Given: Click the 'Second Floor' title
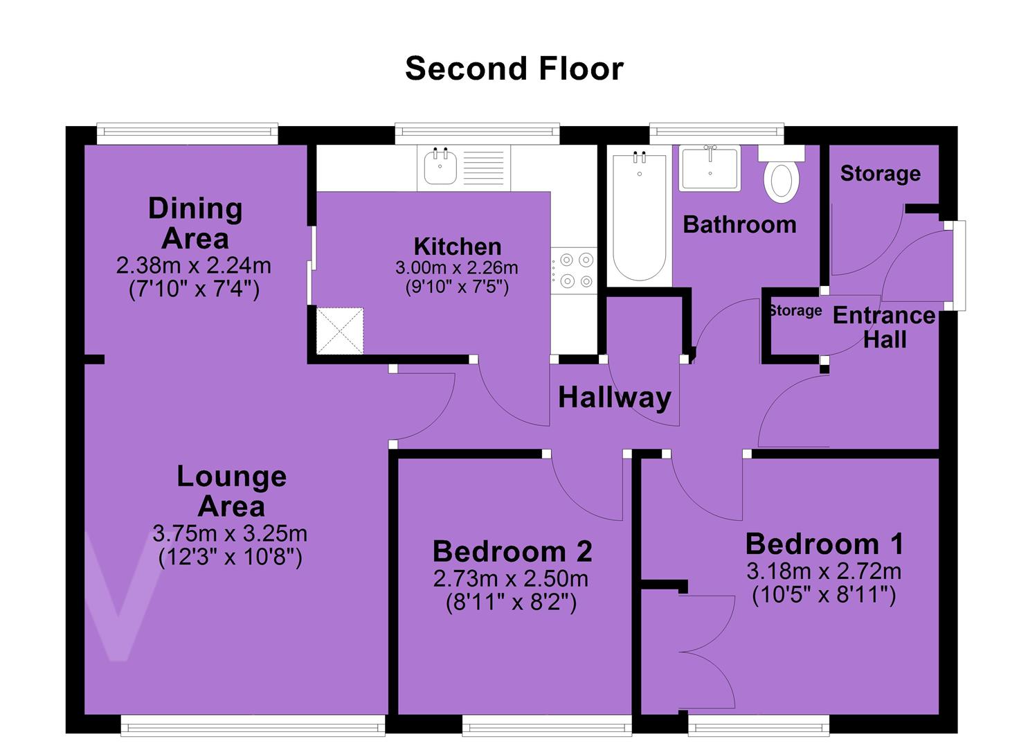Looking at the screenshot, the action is [514, 69].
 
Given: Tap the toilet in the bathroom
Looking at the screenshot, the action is [781, 175].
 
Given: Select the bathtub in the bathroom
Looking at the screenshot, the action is [639, 216].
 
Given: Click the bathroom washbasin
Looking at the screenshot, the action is [710, 168].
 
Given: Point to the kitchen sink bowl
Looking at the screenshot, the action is [440, 166].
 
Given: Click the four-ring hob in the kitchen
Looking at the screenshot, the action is [574, 270].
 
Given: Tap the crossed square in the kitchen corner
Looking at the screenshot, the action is [340, 330].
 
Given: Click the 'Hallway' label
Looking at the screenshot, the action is [615, 398].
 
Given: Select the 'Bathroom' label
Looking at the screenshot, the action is [739, 224].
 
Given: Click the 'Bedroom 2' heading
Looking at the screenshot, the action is [512, 551].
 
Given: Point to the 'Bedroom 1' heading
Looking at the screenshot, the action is [824, 544].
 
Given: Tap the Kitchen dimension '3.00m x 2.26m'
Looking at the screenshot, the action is [457, 268].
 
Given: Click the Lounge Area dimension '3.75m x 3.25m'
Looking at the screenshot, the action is [230, 533].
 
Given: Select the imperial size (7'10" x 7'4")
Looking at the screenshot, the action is [194, 290].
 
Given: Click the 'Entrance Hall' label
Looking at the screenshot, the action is [884, 328].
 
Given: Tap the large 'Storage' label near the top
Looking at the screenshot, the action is [881, 174].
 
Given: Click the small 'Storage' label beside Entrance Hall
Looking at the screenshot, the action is [795, 311].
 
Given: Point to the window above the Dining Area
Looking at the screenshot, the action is [187, 133].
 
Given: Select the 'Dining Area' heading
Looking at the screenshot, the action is [195, 224].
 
